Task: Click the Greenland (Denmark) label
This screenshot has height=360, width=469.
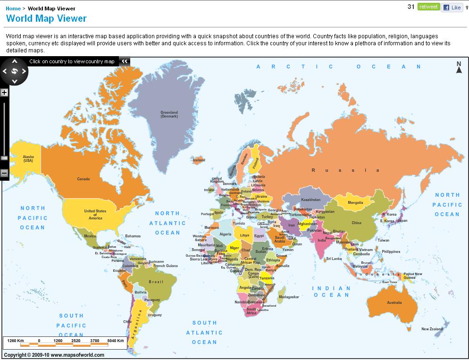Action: [x=169, y=114]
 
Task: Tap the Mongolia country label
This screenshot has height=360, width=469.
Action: [x=355, y=203]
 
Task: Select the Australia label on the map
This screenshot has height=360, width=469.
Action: [x=394, y=302]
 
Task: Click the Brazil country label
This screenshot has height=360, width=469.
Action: [x=156, y=282]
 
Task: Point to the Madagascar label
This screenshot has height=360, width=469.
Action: [x=289, y=297]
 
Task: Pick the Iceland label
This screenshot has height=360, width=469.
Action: [x=199, y=160]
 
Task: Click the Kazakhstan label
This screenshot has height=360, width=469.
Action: [x=310, y=200]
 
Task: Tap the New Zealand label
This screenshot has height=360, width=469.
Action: [x=432, y=329]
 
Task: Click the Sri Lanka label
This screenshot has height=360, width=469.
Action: [x=334, y=259]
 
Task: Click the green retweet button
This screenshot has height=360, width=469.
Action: [x=428, y=7]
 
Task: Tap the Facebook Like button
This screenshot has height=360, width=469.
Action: [x=452, y=8]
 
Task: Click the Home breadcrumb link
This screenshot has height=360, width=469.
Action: [x=13, y=8]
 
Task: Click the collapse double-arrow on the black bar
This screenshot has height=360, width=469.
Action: [x=125, y=61]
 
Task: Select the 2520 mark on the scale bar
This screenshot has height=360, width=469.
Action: [x=75, y=340]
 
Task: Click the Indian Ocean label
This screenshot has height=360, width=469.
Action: [x=331, y=291]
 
